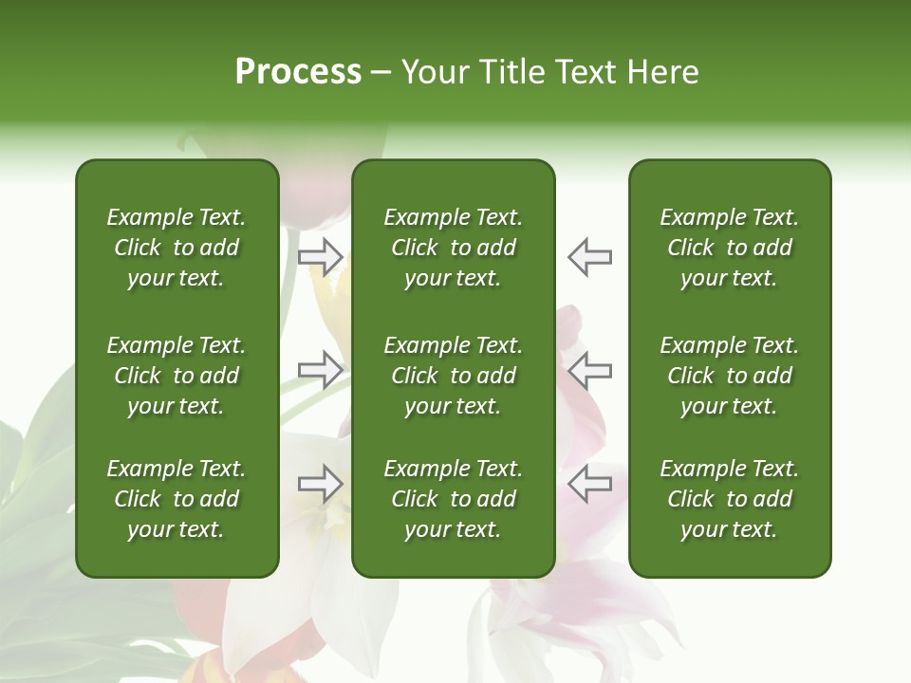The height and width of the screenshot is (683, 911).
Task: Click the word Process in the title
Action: (298, 72)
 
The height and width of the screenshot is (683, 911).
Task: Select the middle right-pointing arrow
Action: (321, 370)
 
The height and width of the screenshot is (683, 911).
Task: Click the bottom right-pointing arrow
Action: (321, 484)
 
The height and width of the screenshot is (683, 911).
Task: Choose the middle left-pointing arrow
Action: (589, 370)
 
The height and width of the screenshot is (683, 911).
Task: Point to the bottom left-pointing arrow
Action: (589, 484)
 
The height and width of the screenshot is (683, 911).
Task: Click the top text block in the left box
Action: (177, 248)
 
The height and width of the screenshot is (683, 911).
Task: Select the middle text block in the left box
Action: (177, 376)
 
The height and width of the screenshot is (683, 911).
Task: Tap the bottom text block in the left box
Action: (177, 499)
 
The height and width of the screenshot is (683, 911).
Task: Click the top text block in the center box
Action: (453, 248)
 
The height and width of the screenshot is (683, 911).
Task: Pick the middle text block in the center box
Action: (453, 376)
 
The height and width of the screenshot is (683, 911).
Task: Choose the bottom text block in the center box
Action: (453, 499)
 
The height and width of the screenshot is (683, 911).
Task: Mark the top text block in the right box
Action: (729, 248)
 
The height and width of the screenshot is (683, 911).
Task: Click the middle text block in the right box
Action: (729, 376)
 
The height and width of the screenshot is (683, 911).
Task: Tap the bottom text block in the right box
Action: (729, 499)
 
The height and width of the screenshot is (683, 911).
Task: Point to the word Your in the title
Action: (435, 72)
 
